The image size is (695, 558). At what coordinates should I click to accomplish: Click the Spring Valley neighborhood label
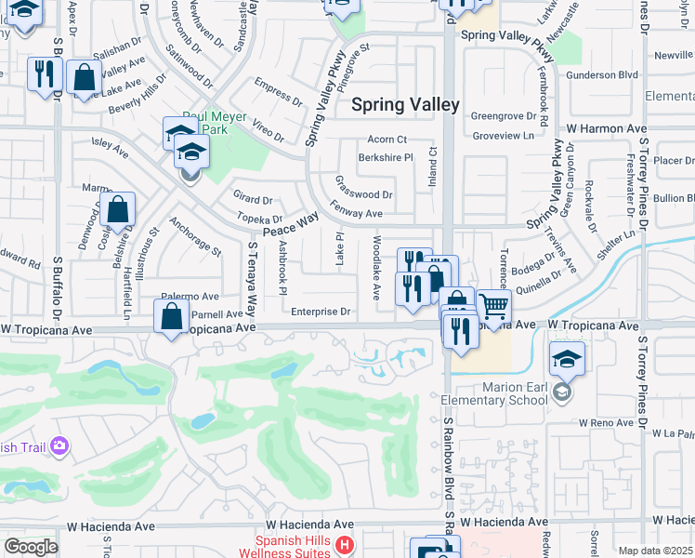point(405,105)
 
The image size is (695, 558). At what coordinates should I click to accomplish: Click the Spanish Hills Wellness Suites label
point(294,546)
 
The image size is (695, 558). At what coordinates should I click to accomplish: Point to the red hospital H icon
point(345,545)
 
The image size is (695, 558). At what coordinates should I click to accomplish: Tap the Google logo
point(31,547)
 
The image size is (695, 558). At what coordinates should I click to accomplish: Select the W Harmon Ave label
point(606,128)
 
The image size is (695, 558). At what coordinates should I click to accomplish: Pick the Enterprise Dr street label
point(321,312)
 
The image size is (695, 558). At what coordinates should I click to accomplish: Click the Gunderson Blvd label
point(602,74)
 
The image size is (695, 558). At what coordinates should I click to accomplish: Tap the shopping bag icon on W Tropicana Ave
point(172,318)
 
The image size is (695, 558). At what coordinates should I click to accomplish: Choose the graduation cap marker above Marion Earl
point(567,358)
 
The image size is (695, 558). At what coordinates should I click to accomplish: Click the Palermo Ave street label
point(190,297)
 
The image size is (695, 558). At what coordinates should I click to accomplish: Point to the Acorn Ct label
point(387,139)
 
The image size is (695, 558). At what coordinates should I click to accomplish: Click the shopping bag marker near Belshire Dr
point(119,210)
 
